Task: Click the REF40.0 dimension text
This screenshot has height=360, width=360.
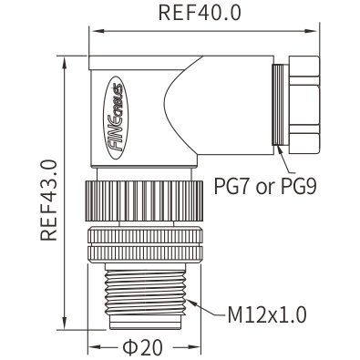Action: pyautogui.click(x=200, y=13)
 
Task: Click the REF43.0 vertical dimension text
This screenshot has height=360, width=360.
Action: pyautogui.click(x=48, y=200)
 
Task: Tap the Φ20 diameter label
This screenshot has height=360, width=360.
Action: pyautogui.click(x=142, y=347)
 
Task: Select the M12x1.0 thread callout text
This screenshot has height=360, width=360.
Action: pyautogui.click(x=267, y=314)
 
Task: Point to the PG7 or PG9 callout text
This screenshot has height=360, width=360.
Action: pyautogui.click(x=265, y=186)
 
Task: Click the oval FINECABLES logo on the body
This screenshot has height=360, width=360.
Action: pyautogui.click(x=116, y=118)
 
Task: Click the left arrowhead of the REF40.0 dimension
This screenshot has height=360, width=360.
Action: pyautogui.click(x=97, y=31)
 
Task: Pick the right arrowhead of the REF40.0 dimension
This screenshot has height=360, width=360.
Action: pyautogui.click(x=311, y=31)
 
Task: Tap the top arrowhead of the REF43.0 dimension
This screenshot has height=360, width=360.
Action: pyautogui.click(x=65, y=64)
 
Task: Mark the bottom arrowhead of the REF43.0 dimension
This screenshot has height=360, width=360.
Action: pyautogui.click(x=65, y=322)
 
